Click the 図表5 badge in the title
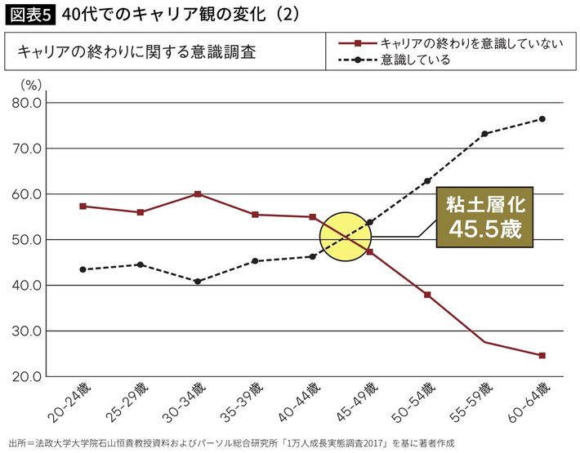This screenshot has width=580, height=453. point(29,14)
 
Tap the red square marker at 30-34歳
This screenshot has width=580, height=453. point(198,193)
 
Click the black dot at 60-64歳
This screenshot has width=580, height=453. point(542,119)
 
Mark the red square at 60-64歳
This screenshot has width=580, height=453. point(542,355)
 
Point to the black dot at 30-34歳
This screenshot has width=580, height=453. point(198,282)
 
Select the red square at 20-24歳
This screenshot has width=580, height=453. point(83,206)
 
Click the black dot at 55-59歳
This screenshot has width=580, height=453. point(484,134)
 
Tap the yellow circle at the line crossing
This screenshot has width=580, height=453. point(346,238)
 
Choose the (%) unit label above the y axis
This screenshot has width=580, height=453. point(31,83)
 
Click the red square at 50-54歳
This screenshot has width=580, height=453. point(427,295)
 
